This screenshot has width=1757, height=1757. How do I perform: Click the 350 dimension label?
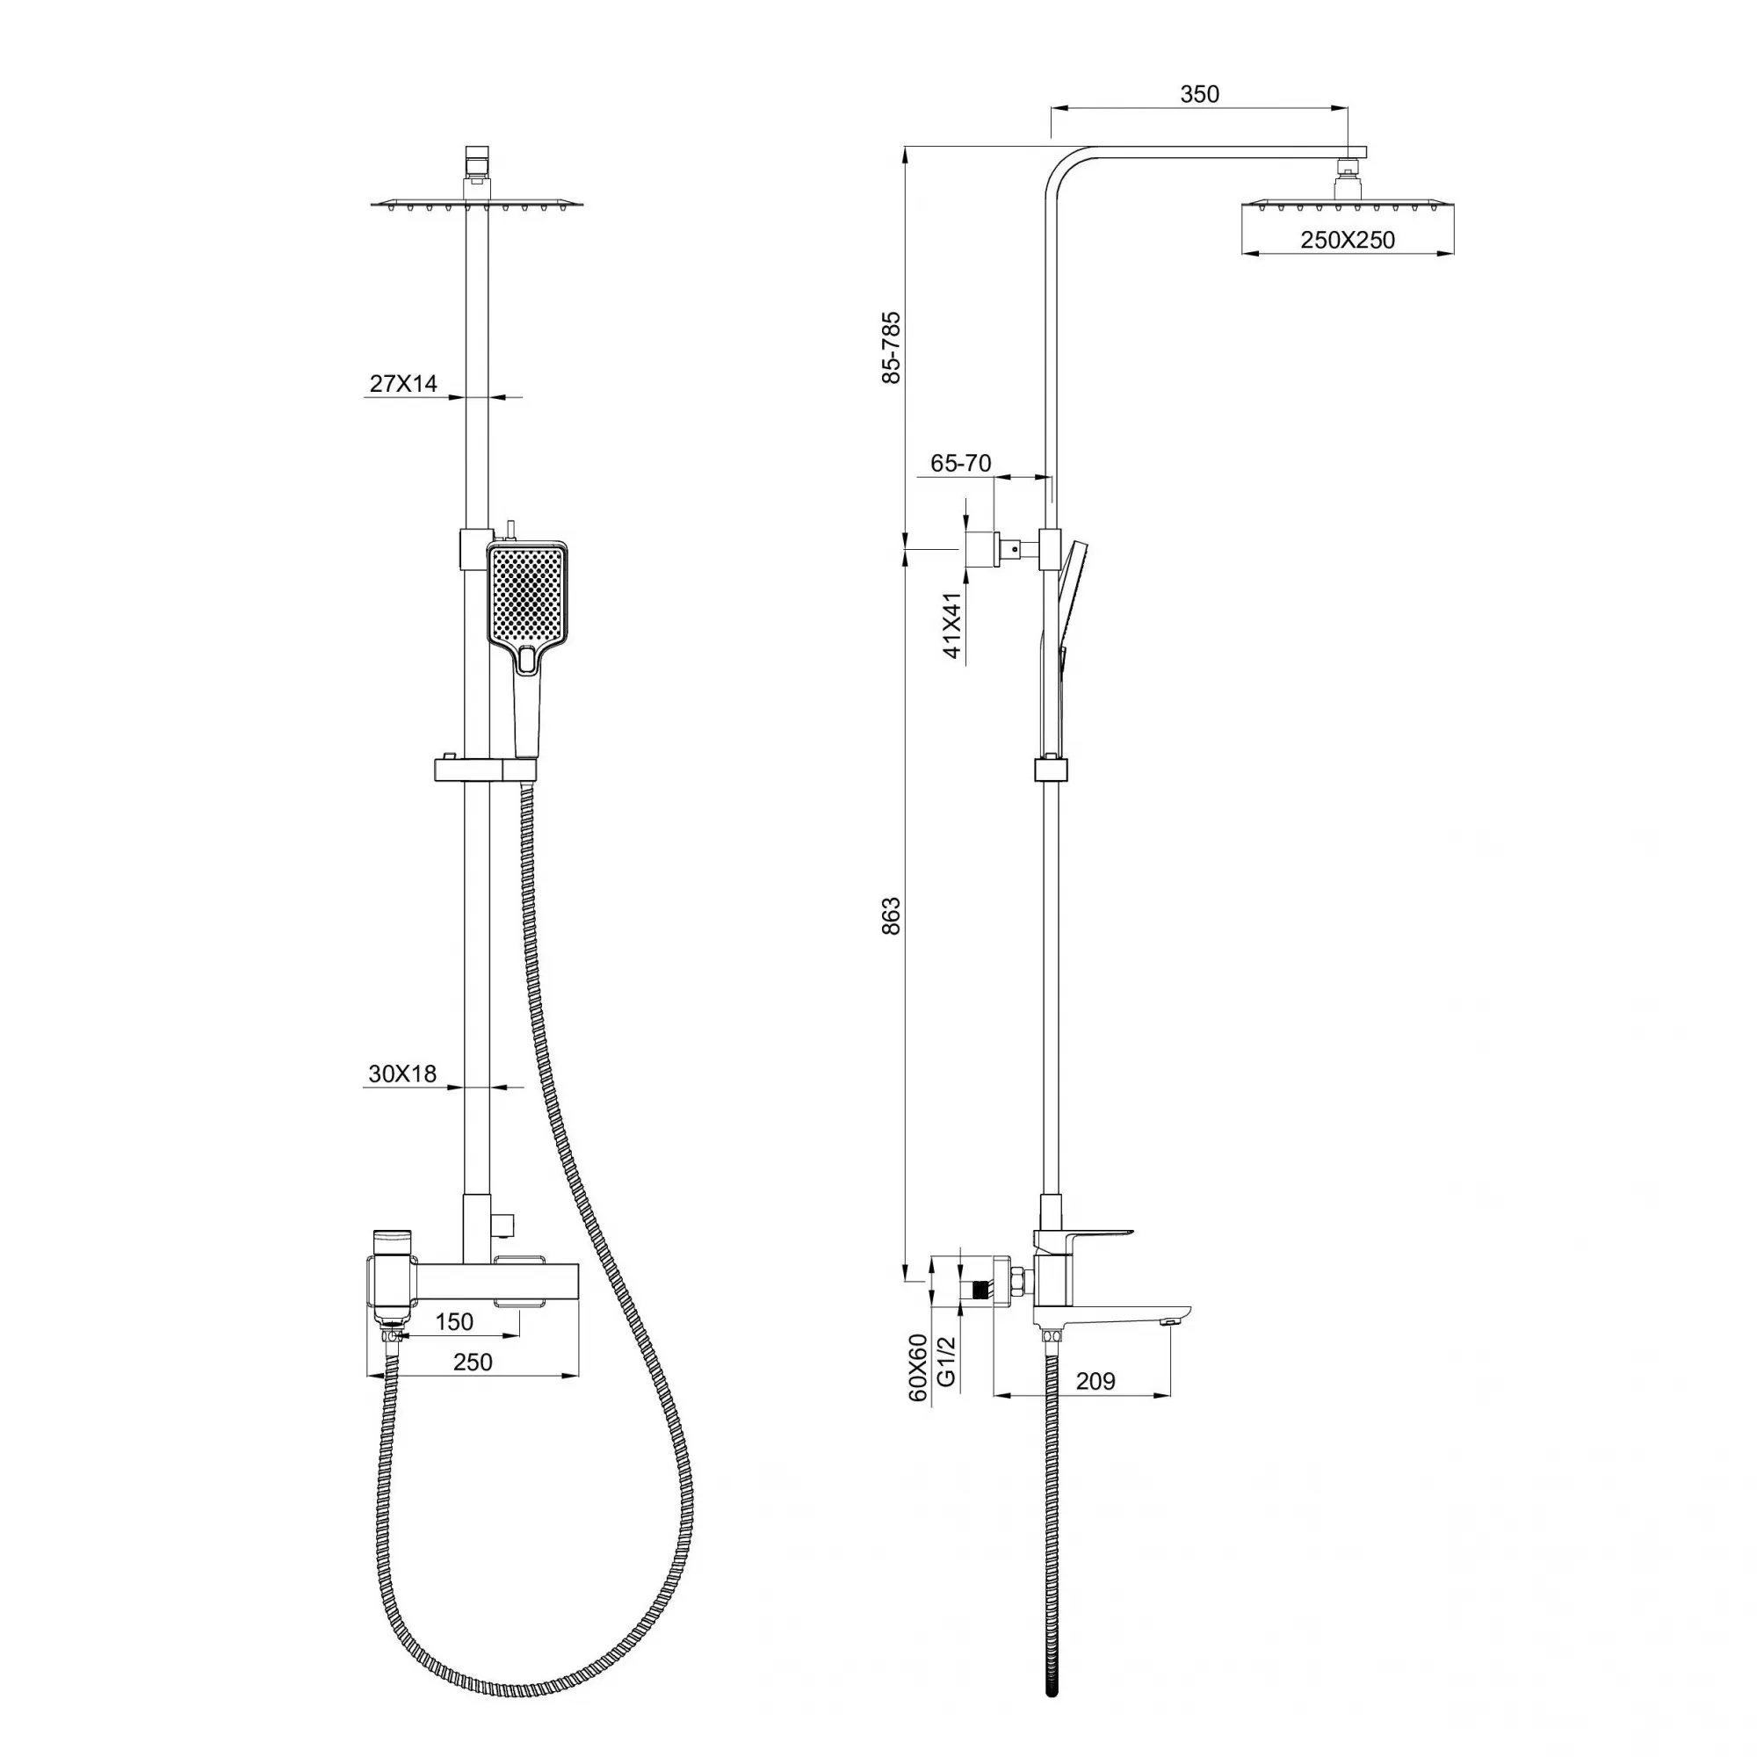[x=1198, y=94]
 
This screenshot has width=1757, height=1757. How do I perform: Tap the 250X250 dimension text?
[x=1347, y=240]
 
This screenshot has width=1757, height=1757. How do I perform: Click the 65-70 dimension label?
[x=960, y=463]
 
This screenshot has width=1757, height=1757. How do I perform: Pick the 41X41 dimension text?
[x=952, y=625]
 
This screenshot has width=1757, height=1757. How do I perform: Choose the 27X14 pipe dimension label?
[x=403, y=383]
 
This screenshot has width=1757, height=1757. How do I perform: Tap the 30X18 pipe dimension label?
[x=402, y=1074]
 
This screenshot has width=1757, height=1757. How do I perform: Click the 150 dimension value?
[x=454, y=1321]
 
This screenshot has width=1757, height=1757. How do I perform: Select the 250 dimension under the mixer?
[x=472, y=1362]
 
